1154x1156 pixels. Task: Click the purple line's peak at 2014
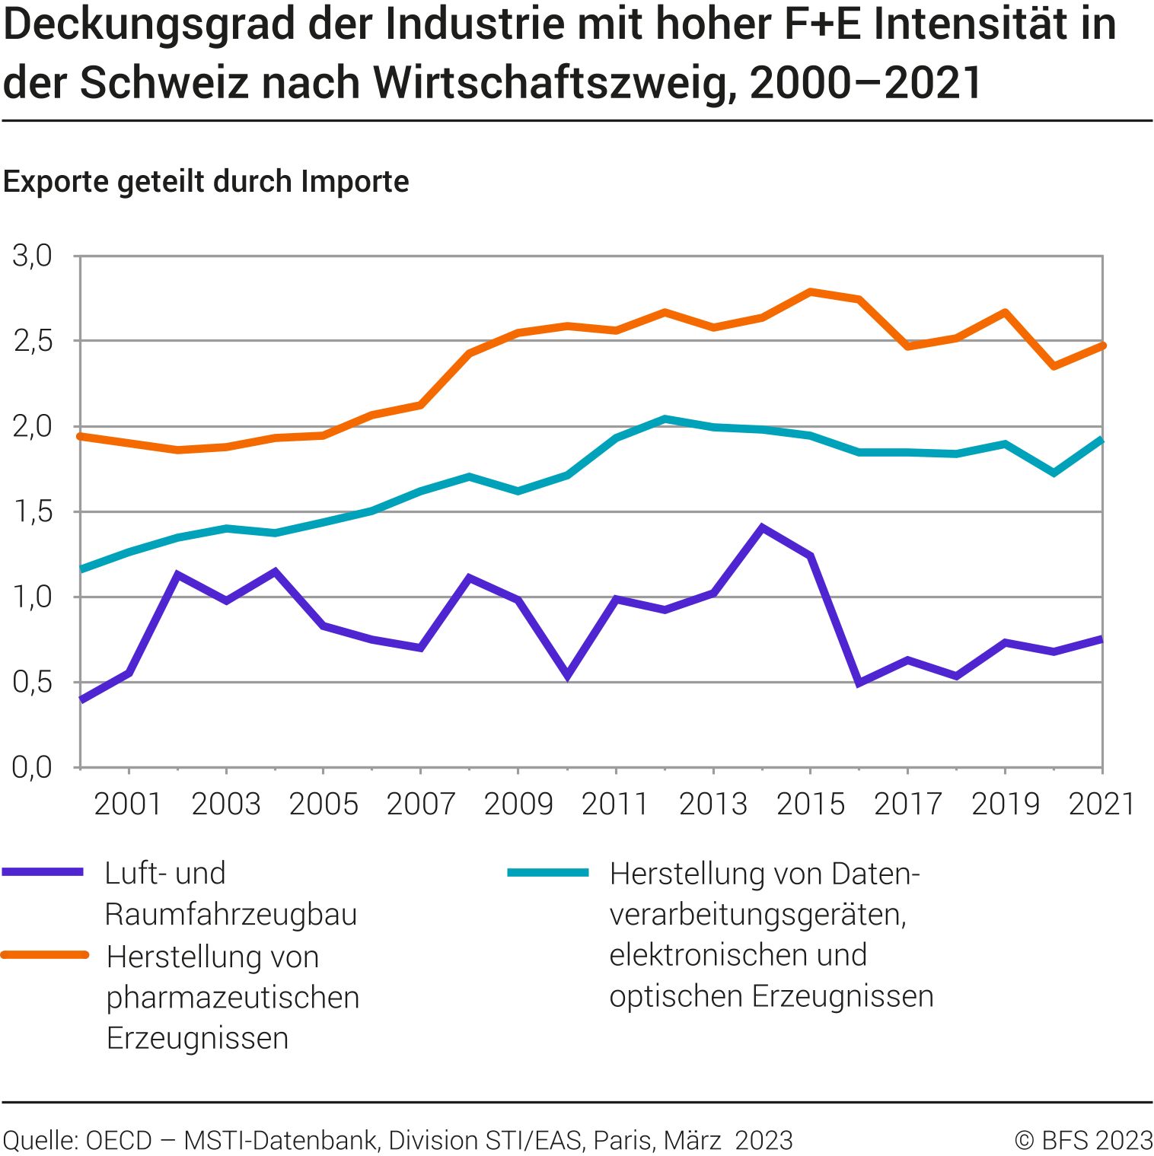tap(762, 527)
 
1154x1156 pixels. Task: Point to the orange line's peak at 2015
tap(811, 291)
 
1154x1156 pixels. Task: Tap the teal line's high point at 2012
tap(665, 419)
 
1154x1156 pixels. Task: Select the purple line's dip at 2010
tap(567, 675)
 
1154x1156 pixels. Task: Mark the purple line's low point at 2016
tap(859, 683)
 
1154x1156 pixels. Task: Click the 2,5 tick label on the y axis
tap(33, 341)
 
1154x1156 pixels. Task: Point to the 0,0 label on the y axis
tap(33, 767)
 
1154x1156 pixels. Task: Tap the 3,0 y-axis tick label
tap(33, 256)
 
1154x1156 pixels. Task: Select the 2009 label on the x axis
tap(518, 804)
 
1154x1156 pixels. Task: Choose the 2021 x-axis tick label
tap(1101, 804)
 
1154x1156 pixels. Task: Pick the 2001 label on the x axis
tap(128, 804)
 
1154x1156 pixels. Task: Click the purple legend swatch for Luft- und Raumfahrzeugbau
tap(43, 872)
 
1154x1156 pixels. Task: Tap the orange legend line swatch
tap(45, 954)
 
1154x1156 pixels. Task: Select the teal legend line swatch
tap(548, 872)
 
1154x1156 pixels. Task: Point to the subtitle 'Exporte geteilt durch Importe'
tap(206, 182)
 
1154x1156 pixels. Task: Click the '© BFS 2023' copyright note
tap(1084, 1140)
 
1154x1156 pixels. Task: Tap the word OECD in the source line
tap(120, 1140)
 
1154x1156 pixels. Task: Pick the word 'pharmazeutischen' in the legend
tap(233, 997)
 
